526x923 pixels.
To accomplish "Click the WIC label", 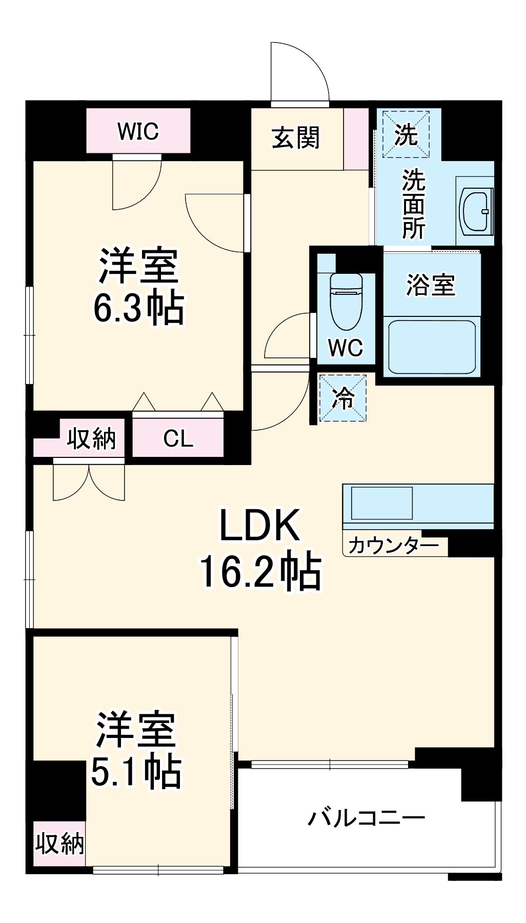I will [x=138, y=131].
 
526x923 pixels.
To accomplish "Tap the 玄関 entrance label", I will [x=295, y=138].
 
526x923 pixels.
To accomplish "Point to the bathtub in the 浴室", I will [x=431, y=347].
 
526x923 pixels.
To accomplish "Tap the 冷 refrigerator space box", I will [x=342, y=398].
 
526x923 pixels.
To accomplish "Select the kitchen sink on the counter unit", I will [x=381, y=503].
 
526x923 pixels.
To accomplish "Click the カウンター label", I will [x=393, y=546].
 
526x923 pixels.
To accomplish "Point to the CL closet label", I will [x=178, y=438].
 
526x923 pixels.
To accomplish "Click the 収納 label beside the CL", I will [x=92, y=438].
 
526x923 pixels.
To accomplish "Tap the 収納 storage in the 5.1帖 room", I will [x=59, y=842].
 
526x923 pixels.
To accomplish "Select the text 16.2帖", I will [x=260, y=571].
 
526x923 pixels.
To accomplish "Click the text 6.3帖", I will [x=138, y=308].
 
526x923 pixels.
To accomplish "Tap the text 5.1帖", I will [x=136, y=771].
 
